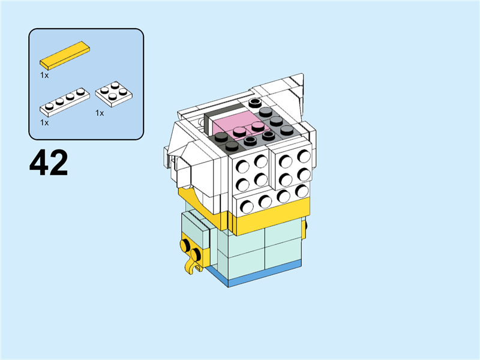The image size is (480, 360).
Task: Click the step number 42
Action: (49, 163)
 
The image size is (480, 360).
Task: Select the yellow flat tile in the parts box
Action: (65, 55)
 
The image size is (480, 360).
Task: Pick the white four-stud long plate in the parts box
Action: (65, 102)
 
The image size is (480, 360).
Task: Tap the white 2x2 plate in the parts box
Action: (114, 94)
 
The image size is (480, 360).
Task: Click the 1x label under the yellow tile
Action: (44, 76)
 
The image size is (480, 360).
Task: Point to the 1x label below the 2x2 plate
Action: (100, 113)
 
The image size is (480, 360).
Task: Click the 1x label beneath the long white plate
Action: (44, 123)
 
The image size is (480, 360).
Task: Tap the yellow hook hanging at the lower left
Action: (192, 266)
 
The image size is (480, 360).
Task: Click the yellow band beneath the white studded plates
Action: (271, 216)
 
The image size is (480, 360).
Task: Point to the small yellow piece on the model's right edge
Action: (304, 227)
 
